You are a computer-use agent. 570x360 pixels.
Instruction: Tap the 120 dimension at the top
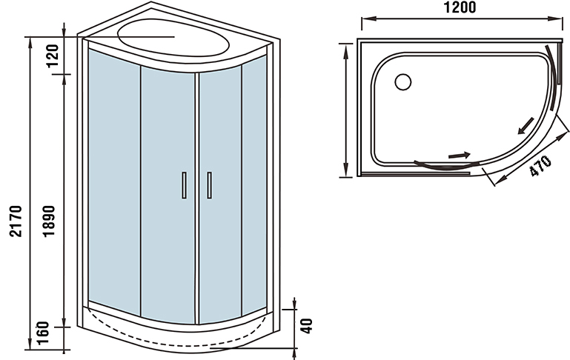click(x=53, y=55)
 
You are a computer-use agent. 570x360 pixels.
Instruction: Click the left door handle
click(x=182, y=184)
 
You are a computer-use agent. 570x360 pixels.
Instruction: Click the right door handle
click(x=209, y=184)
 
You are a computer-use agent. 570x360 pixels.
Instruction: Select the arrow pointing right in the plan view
click(x=459, y=156)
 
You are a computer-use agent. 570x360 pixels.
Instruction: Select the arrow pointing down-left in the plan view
click(x=525, y=126)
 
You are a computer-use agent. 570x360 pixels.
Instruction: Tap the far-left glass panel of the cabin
click(x=113, y=178)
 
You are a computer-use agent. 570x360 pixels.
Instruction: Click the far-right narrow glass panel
click(x=253, y=185)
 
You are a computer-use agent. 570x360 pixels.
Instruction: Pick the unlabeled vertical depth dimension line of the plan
click(x=346, y=110)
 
